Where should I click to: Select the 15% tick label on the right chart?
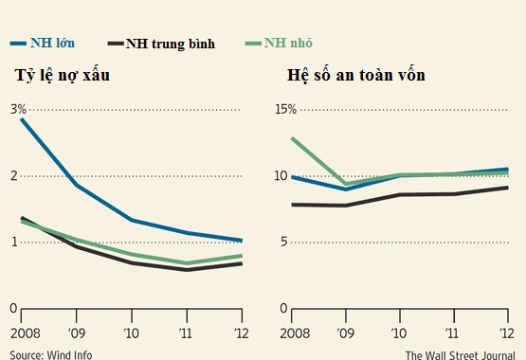tap(285, 109)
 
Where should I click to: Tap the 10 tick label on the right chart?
tap(281, 175)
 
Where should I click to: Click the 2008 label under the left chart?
tap(23, 333)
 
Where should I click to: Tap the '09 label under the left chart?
tap(78, 333)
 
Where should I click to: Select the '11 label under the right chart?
tap(453, 333)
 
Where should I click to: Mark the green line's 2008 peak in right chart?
tap(293, 138)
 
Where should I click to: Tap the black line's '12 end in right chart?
tap(507, 188)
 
